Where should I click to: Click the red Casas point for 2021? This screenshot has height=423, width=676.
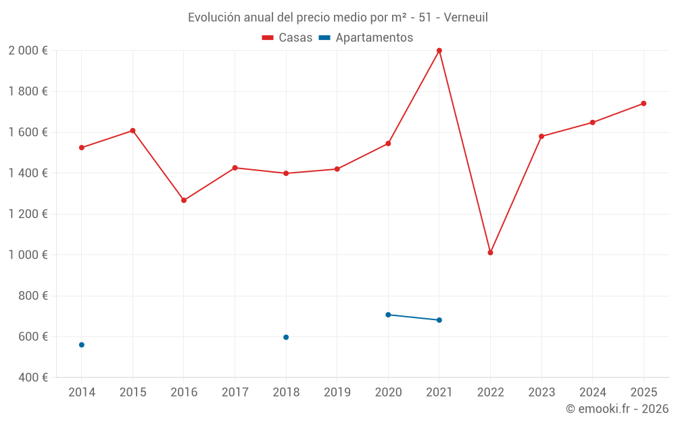click(x=439, y=51)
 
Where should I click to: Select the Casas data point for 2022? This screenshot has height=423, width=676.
click(x=490, y=252)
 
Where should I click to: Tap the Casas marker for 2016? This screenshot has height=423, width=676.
click(x=184, y=200)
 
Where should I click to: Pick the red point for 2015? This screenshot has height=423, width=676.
click(x=132, y=131)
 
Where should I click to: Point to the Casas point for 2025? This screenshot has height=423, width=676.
click(x=644, y=104)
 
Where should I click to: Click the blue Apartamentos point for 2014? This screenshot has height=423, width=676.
click(x=82, y=344)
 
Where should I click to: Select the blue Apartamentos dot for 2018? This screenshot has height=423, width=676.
click(x=286, y=337)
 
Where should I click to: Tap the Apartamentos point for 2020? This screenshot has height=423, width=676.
click(x=388, y=315)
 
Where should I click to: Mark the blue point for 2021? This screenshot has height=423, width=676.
click(x=439, y=320)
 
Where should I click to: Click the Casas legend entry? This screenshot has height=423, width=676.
click(x=287, y=38)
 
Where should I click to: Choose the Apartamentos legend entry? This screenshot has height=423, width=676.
click(x=366, y=38)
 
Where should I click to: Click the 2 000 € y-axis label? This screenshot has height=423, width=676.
click(x=28, y=51)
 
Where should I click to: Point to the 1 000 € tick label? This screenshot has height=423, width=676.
click(x=28, y=255)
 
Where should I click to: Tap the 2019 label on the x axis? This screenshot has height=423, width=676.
click(x=337, y=393)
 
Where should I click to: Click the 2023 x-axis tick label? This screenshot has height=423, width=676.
click(x=541, y=393)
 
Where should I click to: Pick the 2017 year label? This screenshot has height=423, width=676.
click(x=235, y=393)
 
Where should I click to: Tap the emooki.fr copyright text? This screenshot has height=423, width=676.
click(x=617, y=409)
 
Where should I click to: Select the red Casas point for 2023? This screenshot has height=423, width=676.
click(x=541, y=136)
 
